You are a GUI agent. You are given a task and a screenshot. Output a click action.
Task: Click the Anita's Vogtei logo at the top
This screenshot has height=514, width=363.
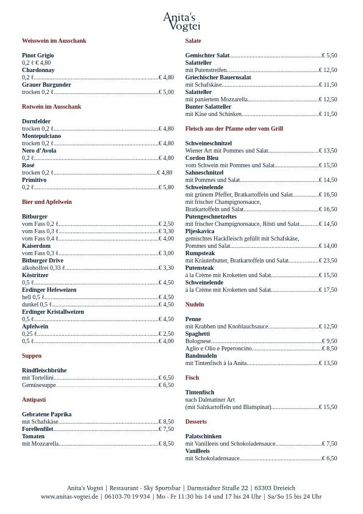pos(181,21)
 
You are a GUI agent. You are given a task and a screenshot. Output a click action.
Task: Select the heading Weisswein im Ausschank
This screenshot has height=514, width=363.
pos(54,41)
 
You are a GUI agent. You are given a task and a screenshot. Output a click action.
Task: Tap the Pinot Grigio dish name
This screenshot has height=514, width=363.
pos(38,56)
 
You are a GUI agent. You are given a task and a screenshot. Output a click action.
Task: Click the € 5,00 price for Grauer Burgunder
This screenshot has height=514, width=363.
pos(166,92)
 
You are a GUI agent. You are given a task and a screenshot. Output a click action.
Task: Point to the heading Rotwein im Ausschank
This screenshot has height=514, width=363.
pos(51,107)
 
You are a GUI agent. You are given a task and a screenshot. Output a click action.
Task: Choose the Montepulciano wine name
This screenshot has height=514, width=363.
pos(41,136)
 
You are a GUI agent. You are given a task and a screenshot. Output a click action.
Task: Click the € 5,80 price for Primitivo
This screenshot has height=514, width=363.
pos(166,187)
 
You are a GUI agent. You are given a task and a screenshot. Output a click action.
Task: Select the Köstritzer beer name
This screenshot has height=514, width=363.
pos(35,275)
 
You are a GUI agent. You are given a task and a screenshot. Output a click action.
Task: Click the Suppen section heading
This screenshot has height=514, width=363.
pos(32,356)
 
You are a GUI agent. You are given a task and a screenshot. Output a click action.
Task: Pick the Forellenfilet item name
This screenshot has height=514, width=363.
pos(37,429)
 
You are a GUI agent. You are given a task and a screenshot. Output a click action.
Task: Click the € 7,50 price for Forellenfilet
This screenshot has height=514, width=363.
pos(166,429)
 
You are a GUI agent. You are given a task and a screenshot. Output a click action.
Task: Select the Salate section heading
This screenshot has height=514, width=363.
pos(193,41)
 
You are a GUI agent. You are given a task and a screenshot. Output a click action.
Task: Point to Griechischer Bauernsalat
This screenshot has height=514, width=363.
pos(218,78)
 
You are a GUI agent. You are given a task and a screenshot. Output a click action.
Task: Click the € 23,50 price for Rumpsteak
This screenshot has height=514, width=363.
pos(328,261)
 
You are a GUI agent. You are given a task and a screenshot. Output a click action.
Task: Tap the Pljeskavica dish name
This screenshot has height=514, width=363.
pos(199,231)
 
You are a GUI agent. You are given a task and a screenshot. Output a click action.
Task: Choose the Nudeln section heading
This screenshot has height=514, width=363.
pos(195,305)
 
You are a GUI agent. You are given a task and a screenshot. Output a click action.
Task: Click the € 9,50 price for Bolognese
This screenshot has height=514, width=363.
pos(329,341)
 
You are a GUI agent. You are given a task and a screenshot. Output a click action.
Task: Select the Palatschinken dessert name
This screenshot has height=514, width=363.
pos(203,436)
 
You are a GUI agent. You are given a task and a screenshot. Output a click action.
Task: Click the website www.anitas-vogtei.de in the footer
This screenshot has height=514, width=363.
pos(70,497)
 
